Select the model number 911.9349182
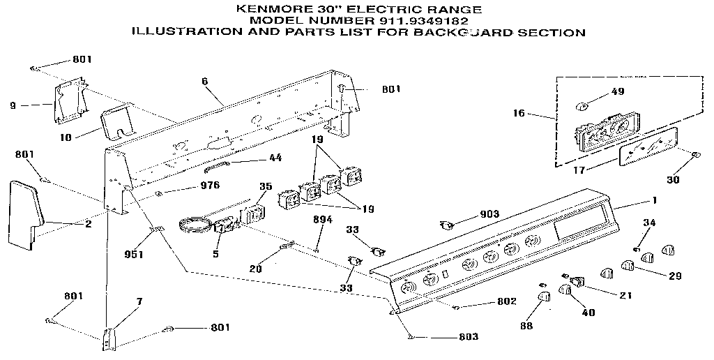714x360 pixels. click(402, 20)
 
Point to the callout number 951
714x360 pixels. click(133, 254)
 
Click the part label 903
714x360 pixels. click(490, 214)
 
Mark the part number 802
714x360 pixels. click(507, 301)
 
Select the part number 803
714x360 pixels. click(469, 337)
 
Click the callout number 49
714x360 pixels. click(617, 91)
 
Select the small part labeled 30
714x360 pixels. click(695, 155)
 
